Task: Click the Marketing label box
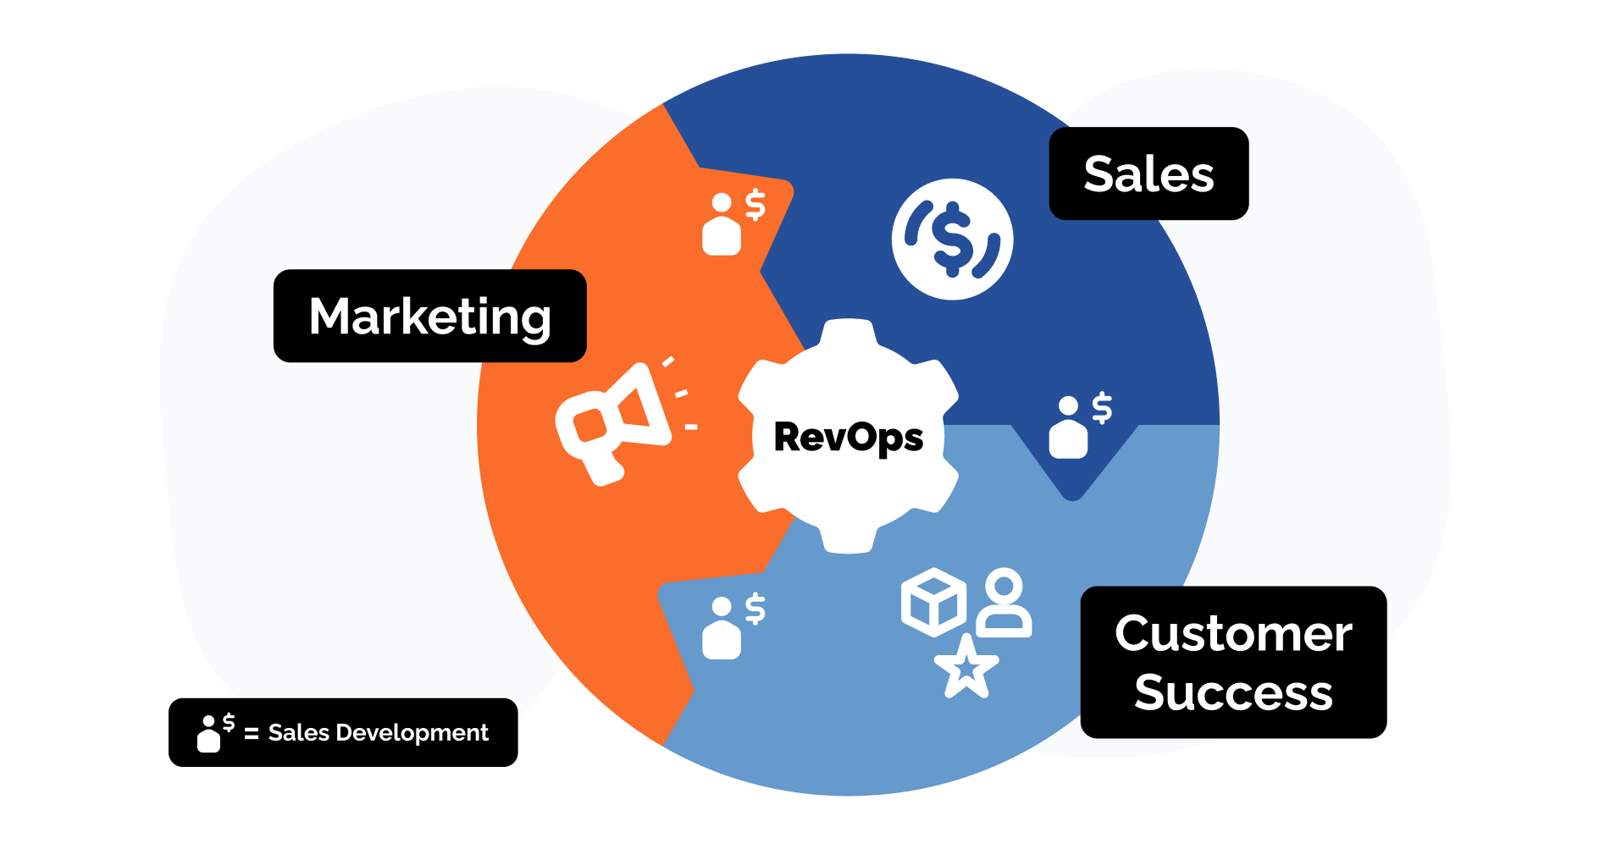tap(429, 316)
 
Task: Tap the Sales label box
tap(1148, 174)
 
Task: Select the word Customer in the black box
tap(1233, 633)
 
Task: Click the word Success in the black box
tap(1233, 692)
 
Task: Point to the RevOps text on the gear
tap(848, 438)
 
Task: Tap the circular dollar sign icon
tap(952, 239)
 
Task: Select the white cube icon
tap(933, 602)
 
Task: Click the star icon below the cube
tap(966, 668)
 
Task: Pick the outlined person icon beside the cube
tap(1004, 603)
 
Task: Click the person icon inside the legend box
tap(208, 734)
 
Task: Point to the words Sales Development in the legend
tap(378, 732)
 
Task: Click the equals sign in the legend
tap(251, 734)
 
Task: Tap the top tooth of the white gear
tap(848, 332)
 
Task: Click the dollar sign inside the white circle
tap(952, 239)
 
